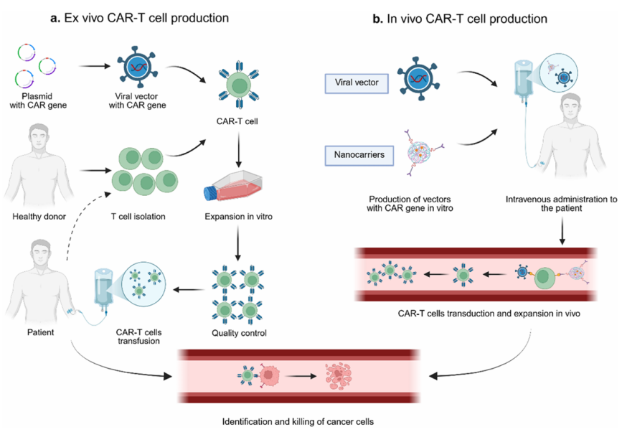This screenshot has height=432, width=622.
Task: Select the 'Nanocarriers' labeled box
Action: click(x=355, y=153)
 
